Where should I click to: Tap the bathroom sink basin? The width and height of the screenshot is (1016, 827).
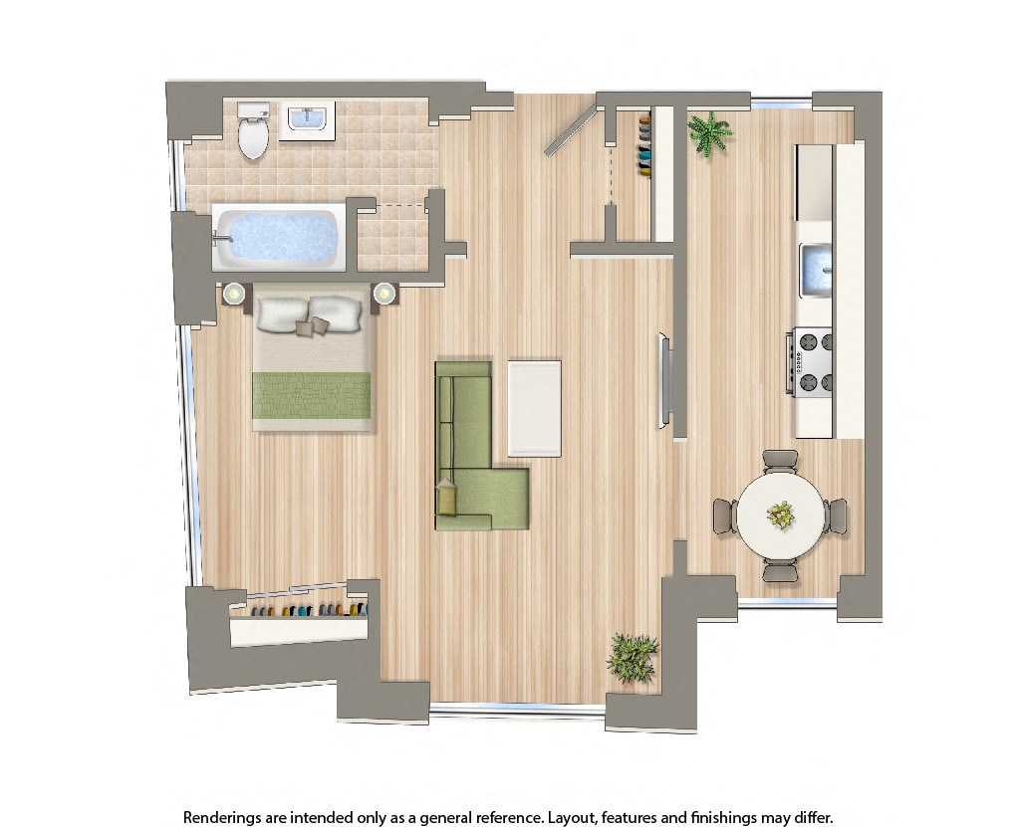tap(306, 119)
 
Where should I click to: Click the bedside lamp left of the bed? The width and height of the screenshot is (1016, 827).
tap(234, 294)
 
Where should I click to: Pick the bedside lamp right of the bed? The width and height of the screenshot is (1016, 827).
tap(384, 294)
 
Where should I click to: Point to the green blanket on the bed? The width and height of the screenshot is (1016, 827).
tap(311, 395)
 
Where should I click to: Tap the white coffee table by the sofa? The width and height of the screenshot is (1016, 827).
tap(534, 408)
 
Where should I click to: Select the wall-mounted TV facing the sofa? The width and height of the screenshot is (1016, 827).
tap(663, 381)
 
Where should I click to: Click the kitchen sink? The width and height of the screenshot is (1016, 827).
tap(817, 269)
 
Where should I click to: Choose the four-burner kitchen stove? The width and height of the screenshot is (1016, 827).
tap(814, 362)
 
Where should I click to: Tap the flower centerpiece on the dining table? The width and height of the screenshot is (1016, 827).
tap(781, 515)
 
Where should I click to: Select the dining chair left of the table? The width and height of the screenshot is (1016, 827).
tap(724, 517)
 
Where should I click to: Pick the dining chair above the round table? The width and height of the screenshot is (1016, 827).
tap(780, 461)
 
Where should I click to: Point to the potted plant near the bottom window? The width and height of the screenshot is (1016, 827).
tap(632, 657)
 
